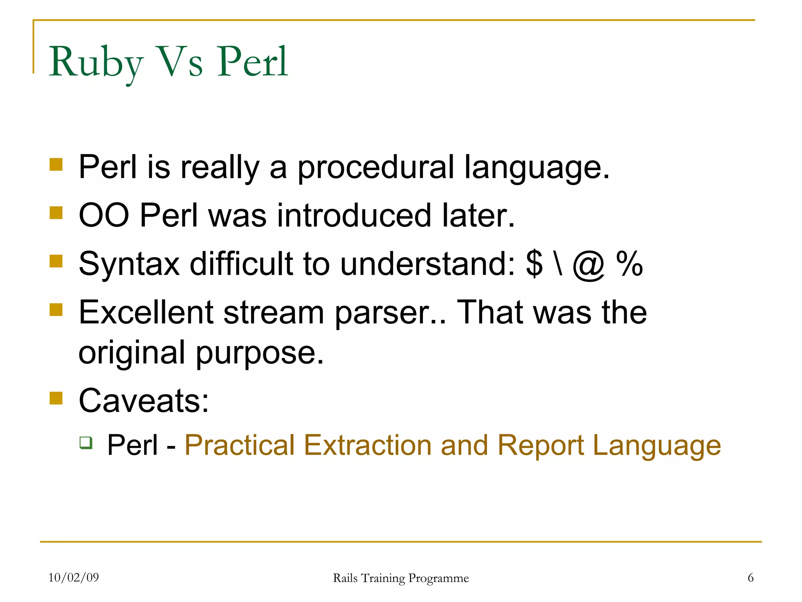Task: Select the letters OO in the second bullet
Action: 104,216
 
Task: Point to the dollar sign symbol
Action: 534,264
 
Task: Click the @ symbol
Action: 589,265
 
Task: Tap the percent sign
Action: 629,264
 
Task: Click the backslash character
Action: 558,264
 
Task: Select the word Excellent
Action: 146,312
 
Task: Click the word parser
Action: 390,314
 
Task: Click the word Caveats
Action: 143,401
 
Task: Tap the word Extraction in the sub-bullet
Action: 367,446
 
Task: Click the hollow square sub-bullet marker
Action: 86,442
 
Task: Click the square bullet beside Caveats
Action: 56,398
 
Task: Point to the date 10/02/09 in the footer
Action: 73,577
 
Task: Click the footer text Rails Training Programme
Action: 401,578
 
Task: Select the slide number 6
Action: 750,577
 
